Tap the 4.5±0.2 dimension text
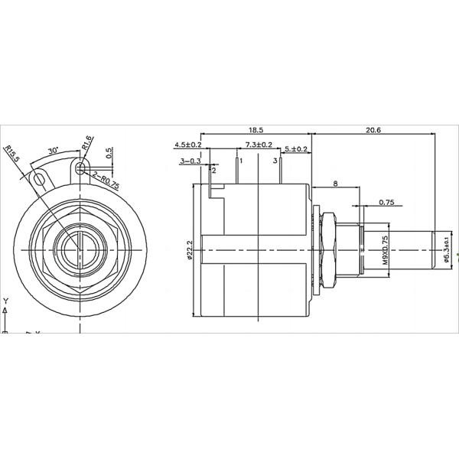(x=187, y=145)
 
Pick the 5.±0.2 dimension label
(x=297, y=148)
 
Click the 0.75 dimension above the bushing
(x=387, y=203)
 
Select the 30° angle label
(x=54, y=151)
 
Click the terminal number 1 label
(x=240, y=161)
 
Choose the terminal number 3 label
(x=274, y=161)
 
